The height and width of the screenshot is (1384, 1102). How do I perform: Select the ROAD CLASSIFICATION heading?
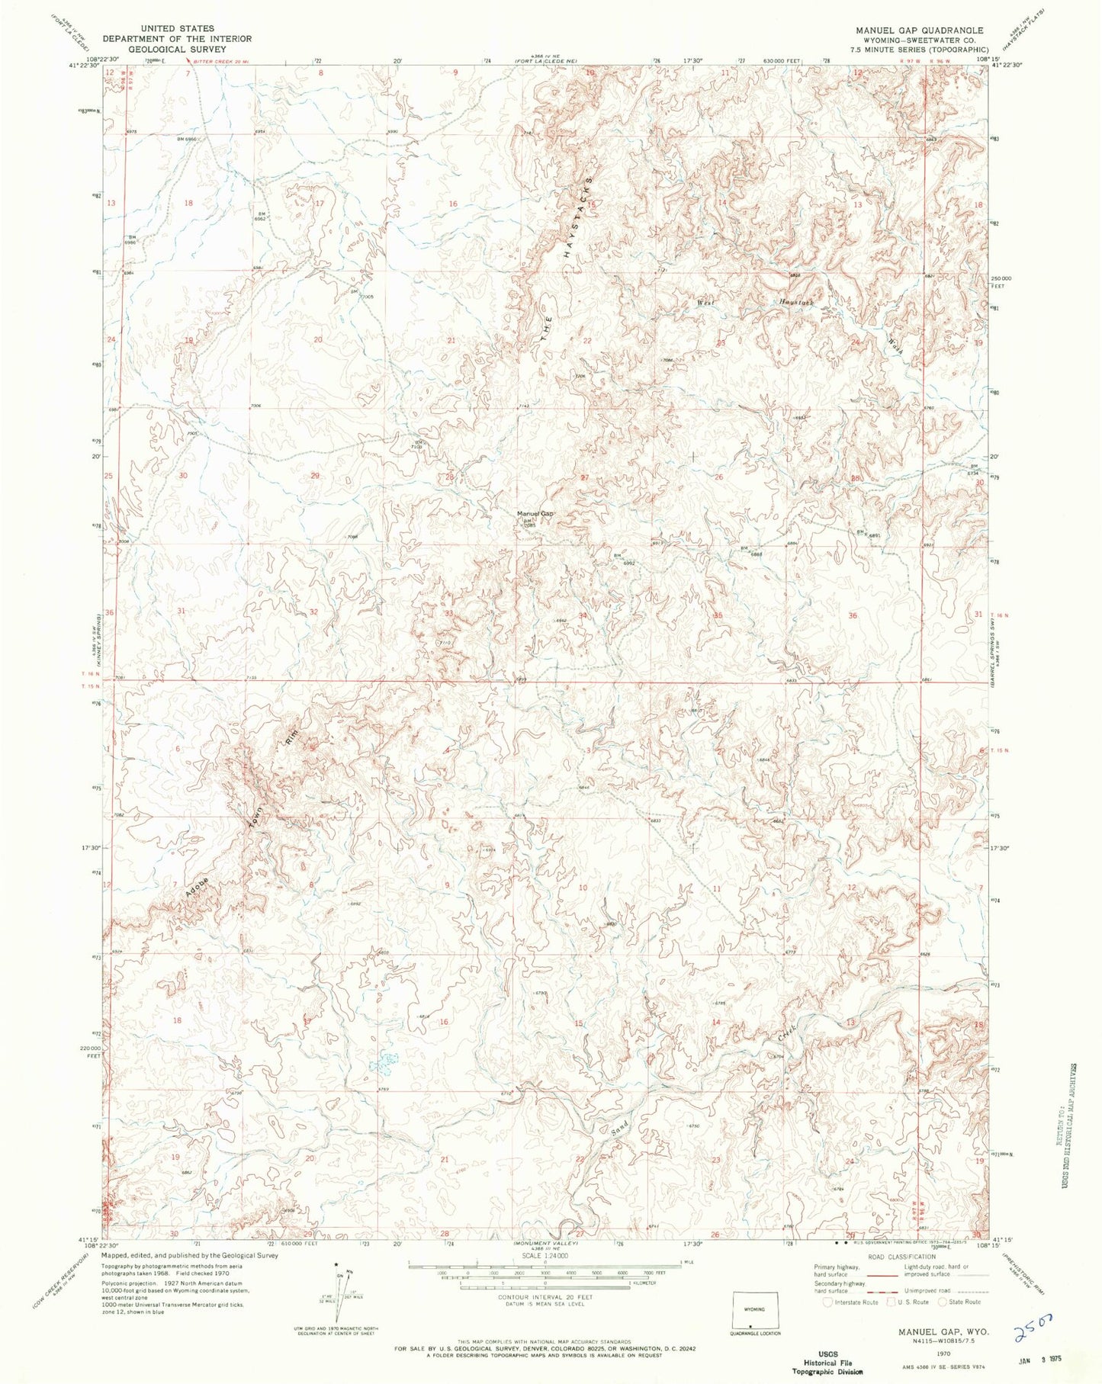pos(901,1257)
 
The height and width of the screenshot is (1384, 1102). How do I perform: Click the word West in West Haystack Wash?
pos(707,302)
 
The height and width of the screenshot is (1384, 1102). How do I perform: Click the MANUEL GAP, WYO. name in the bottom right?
pos(943,1331)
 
